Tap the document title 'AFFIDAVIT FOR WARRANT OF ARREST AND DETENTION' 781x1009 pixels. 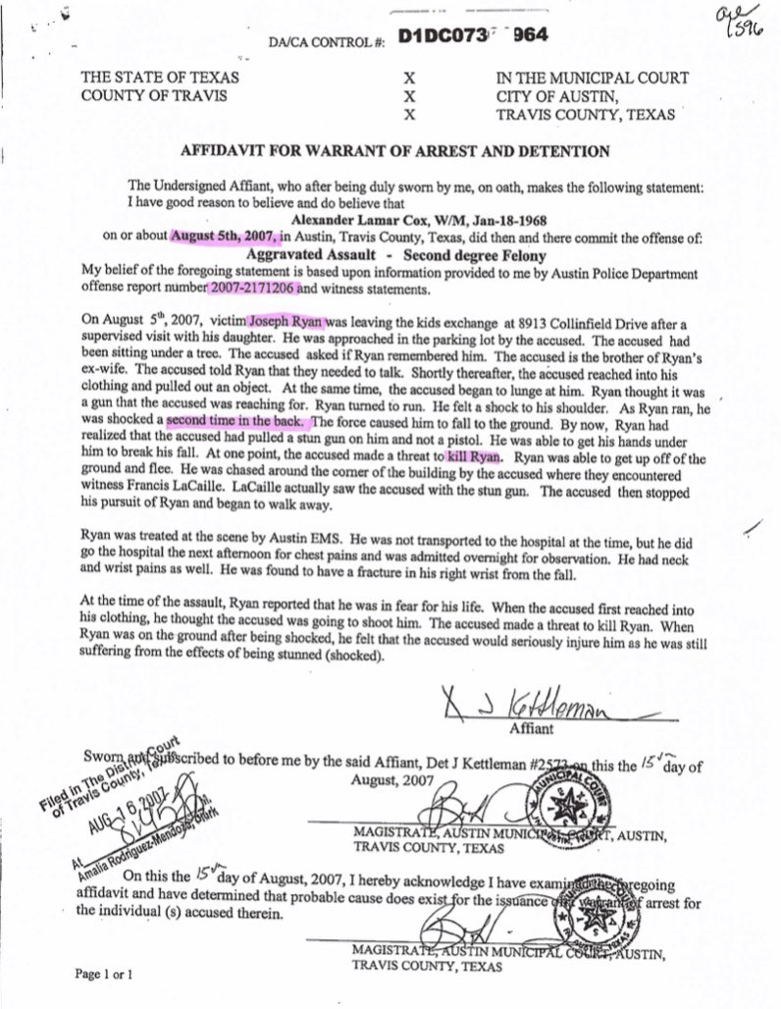tap(396, 151)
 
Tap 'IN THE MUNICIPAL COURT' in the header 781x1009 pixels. tap(592, 78)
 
